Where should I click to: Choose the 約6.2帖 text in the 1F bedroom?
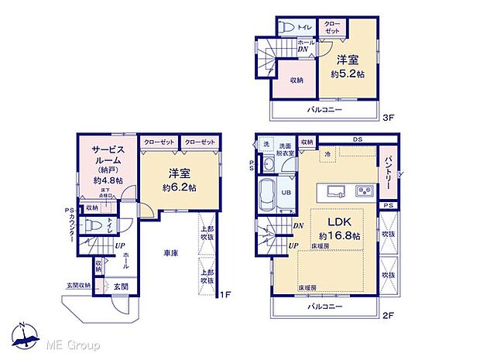tap(179, 187)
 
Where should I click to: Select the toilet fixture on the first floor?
tap(92, 226)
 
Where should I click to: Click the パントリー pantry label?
tap(386, 171)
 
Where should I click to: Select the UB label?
tap(285, 194)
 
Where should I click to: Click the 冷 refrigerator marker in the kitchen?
tap(327, 154)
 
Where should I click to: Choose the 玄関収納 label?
tap(77, 285)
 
